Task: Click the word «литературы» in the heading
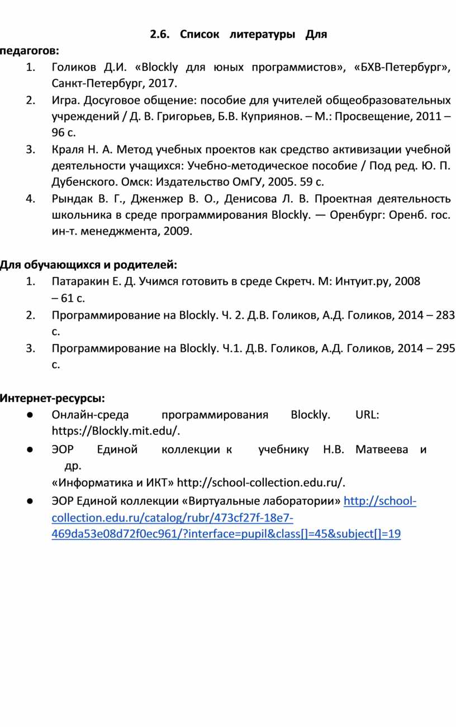pos(262,35)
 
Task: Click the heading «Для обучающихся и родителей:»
pos(88,264)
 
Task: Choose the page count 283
pos(444,315)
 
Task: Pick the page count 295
pos(444,348)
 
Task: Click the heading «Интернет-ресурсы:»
pos(52,399)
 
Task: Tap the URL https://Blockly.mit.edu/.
pos(116,431)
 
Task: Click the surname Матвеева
pos(382,449)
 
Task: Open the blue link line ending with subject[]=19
pos(226,534)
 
